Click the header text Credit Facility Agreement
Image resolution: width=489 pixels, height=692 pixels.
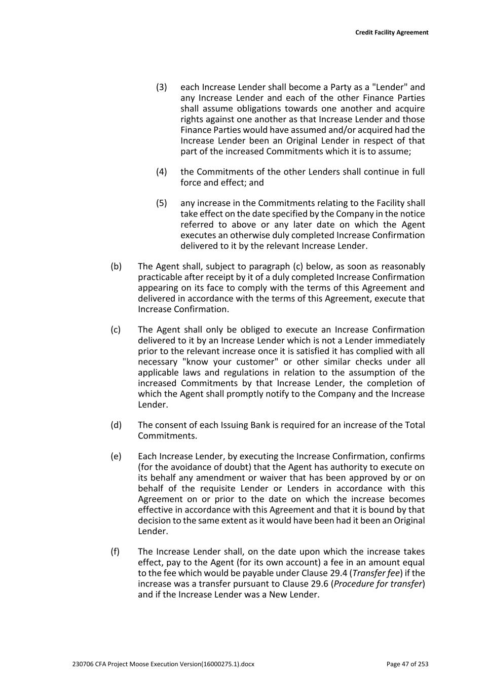point(391,32)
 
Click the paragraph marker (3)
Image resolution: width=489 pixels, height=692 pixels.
point(161,87)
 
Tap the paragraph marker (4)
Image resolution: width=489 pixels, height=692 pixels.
point(161,172)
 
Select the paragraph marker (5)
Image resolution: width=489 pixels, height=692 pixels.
point(161,203)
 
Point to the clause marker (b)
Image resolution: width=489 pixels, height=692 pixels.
point(116,267)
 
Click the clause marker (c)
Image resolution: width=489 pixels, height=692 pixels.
point(116,330)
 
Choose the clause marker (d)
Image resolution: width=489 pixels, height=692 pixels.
point(116,425)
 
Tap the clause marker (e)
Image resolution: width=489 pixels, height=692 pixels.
point(116,457)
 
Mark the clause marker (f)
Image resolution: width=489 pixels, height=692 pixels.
point(115,552)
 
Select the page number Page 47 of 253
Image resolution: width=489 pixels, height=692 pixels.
point(407,664)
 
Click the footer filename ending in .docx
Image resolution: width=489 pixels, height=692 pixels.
point(163,664)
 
